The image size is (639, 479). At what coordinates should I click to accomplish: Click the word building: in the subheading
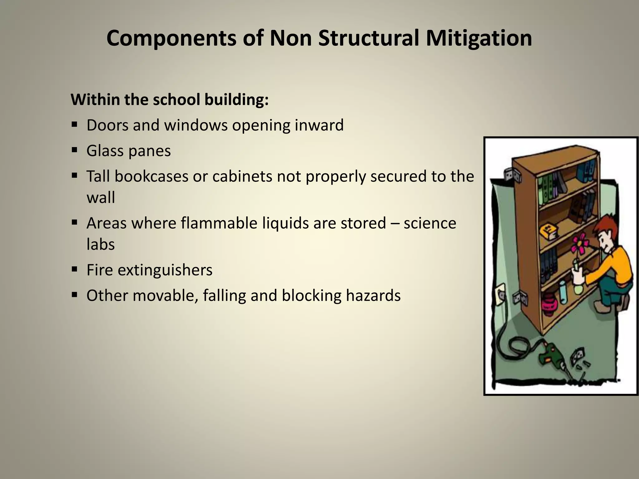(236, 100)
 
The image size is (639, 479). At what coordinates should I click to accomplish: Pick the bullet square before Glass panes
(74, 150)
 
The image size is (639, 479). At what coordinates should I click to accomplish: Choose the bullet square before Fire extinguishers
(74, 269)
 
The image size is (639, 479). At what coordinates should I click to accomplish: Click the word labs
(100, 244)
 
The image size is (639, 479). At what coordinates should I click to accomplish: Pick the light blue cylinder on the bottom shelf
(563, 292)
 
